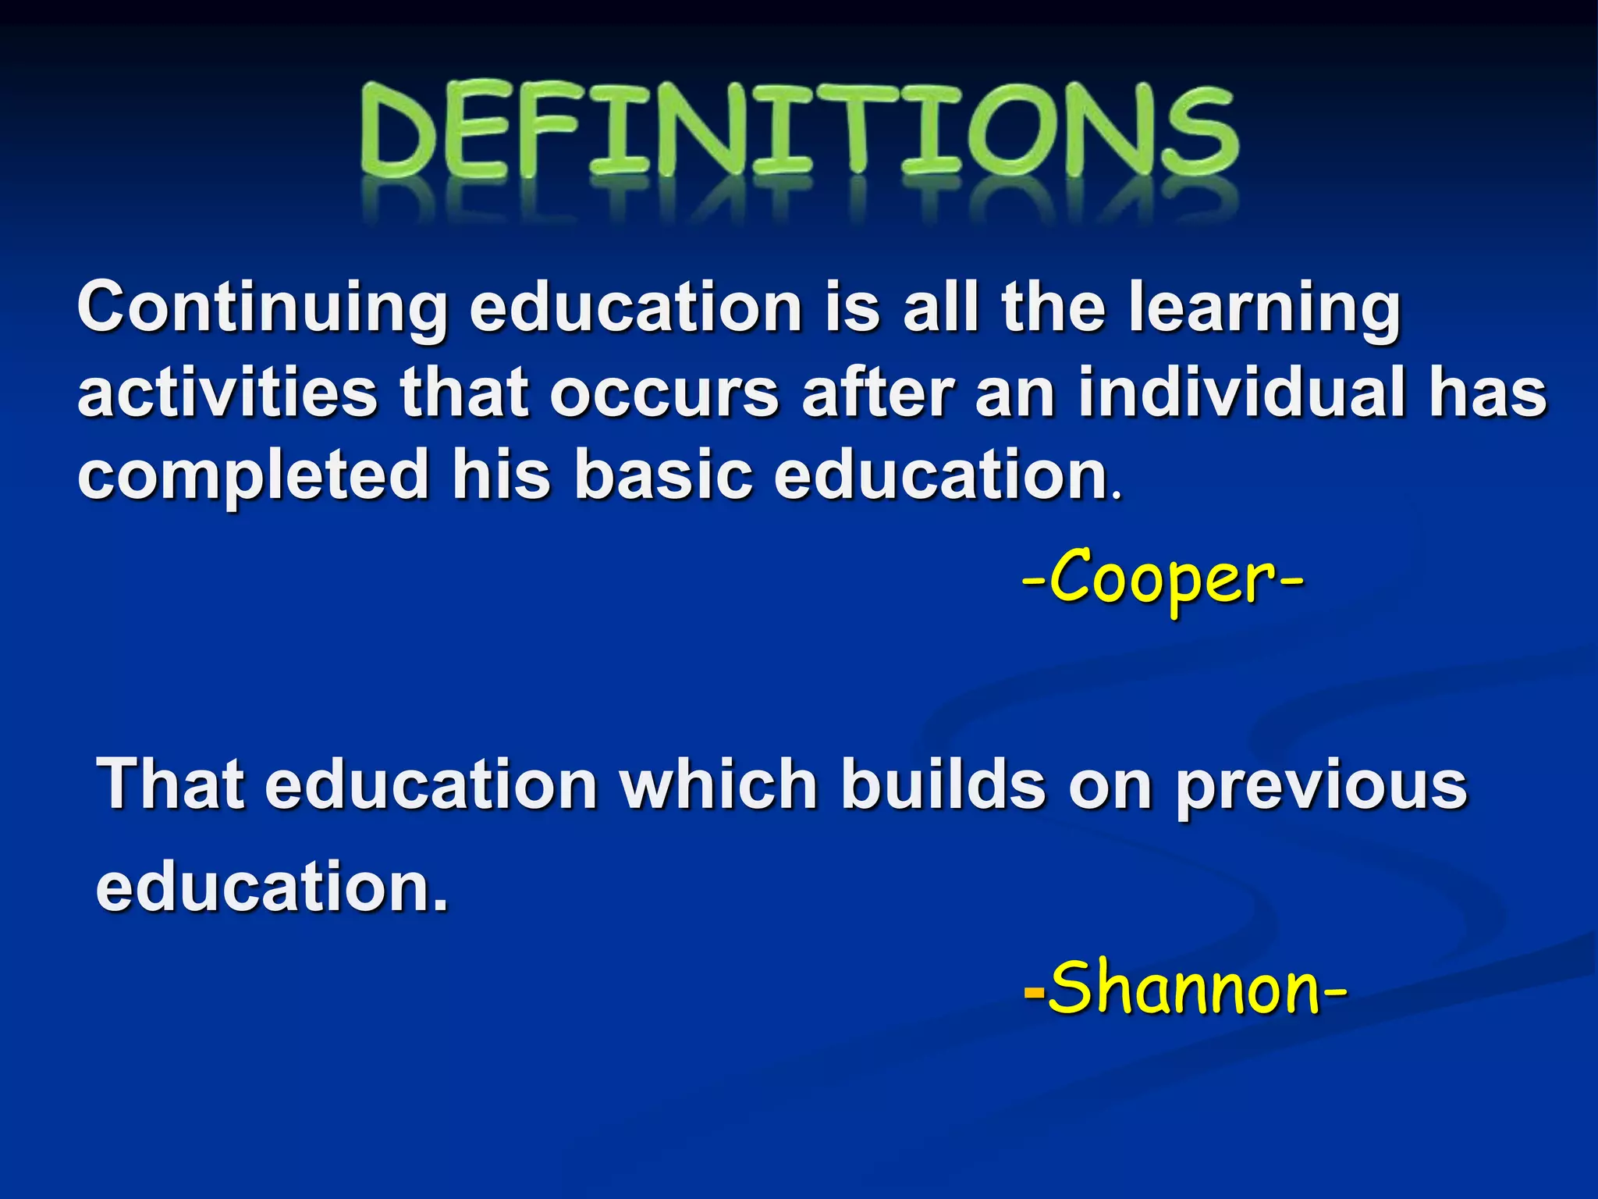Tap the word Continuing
click(x=262, y=309)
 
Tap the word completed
click(x=253, y=477)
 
